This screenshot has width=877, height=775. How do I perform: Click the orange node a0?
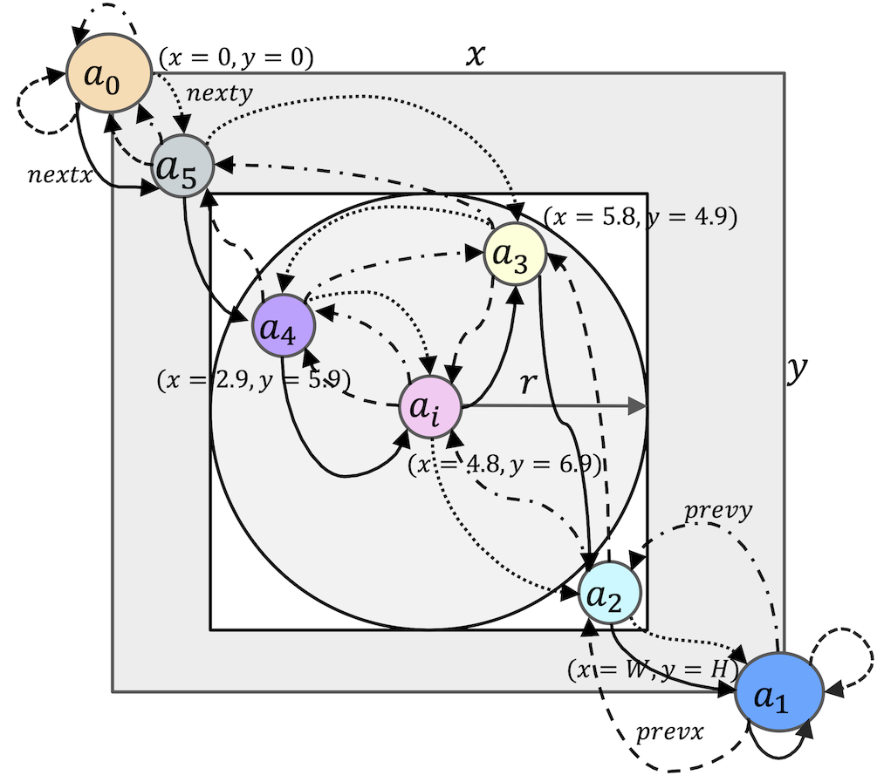106,72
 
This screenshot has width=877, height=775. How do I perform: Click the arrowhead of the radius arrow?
639,406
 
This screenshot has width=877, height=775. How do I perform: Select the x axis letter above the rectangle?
475,54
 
